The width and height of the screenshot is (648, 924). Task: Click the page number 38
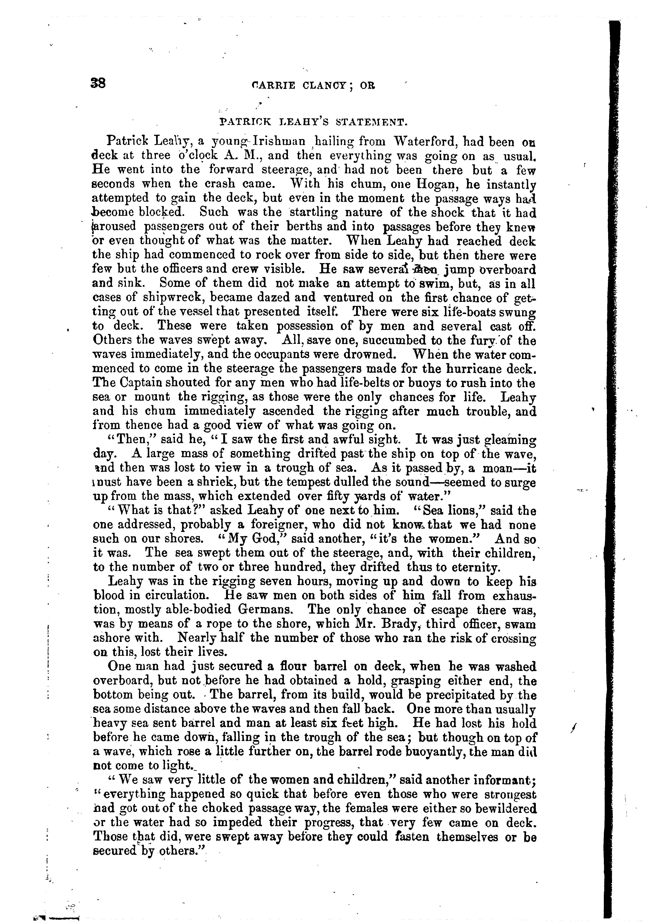point(98,84)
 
